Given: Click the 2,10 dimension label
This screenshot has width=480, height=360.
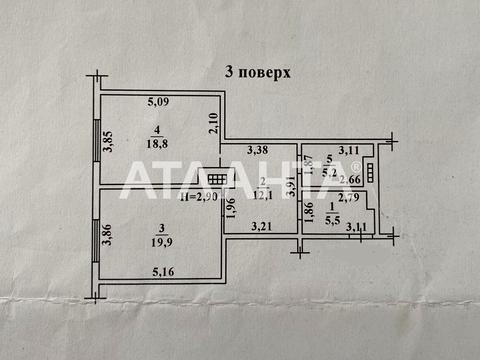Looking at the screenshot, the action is (x=213, y=123).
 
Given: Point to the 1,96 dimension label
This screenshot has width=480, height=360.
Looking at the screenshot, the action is (x=229, y=209).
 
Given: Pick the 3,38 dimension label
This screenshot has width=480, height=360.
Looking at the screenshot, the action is (x=257, y=152).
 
